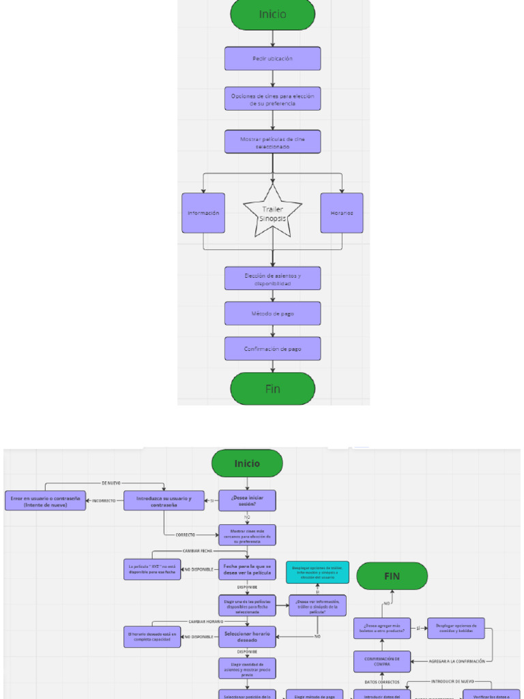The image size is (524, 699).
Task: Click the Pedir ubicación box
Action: coord(272,59)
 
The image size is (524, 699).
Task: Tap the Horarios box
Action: coord(342,213)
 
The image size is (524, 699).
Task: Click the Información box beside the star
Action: coord(203,213)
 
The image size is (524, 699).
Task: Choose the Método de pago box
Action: coord(272,313)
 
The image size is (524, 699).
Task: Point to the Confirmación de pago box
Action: coord(272,349)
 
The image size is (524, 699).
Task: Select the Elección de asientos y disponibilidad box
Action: coord(272,279)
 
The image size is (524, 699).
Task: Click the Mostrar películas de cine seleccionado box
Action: coord(272,142)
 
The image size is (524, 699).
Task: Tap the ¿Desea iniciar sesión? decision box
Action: coord(247,500)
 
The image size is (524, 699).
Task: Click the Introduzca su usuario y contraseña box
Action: coord(164,500)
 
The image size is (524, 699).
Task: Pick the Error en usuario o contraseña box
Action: coord(46,500)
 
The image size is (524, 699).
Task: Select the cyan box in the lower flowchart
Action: coord(317,573)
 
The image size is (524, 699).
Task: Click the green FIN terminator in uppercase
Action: coord(392,576)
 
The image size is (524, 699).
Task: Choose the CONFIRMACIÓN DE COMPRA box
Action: coord(382,661)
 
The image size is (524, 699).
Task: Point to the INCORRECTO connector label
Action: coord(104,500)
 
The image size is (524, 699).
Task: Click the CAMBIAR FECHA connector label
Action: coord(197,551)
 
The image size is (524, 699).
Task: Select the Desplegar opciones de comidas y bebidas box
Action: coord(456,628)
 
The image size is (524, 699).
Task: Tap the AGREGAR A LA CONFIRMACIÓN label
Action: coord(456,661)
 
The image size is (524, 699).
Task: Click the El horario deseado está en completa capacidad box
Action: coord(152,637)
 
